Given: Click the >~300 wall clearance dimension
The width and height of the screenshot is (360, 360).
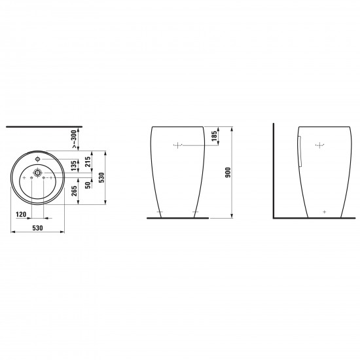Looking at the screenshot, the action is (x=74, y=139).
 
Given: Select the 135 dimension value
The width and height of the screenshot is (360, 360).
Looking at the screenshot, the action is (x=74, y=166).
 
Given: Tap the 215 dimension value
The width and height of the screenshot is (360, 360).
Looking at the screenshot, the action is (x=88, y=162).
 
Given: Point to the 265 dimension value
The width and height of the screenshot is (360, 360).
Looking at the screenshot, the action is (x=74, y=191).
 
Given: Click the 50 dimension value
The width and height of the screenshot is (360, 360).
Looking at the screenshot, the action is (x=88, y=185).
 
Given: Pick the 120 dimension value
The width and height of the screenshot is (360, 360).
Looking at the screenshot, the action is (x=21, y=215).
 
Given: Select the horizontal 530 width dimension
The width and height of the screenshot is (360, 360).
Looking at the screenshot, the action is (x=37, y=228).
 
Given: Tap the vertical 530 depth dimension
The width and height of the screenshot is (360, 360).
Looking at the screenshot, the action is (x=101, y=177).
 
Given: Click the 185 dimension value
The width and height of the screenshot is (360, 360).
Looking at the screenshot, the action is (x=214, y=136).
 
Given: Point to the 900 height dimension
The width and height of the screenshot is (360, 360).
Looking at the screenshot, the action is (x=228, y=172).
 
